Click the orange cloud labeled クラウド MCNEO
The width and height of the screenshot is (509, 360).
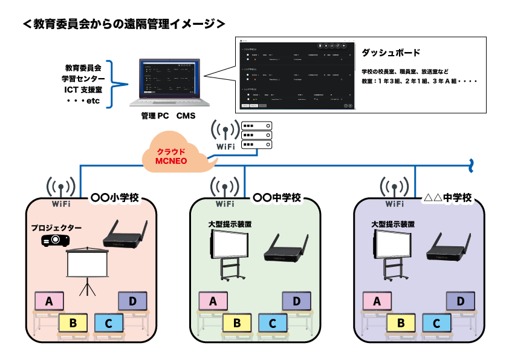176,157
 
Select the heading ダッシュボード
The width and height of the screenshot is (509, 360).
391,53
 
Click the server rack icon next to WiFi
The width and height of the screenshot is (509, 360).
256,135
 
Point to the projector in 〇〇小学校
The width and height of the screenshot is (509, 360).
55,240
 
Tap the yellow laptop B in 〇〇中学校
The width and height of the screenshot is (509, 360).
237,323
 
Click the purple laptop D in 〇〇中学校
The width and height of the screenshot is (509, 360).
296,301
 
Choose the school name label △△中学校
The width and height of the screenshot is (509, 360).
447,198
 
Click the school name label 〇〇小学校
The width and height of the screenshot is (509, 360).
115,198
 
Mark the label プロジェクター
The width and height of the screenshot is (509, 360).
56,227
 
